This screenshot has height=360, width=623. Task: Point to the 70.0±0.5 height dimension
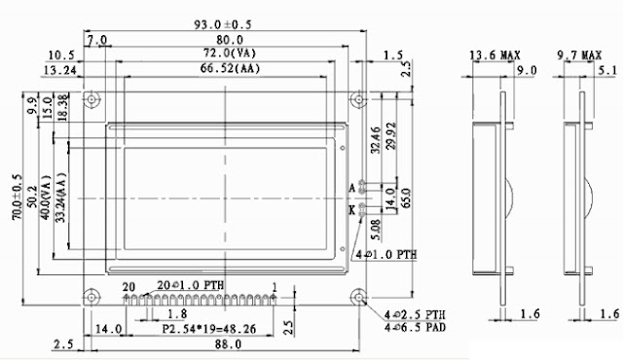17,199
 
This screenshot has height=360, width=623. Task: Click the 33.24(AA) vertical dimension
62,199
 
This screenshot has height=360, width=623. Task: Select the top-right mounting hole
357,100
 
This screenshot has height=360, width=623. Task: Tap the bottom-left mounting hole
92,298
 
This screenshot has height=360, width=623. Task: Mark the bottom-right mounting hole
357,298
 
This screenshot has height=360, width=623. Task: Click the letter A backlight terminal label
351,186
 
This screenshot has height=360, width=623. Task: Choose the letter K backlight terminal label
351,207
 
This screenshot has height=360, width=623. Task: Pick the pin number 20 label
128,285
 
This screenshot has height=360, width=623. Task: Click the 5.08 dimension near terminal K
376,232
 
